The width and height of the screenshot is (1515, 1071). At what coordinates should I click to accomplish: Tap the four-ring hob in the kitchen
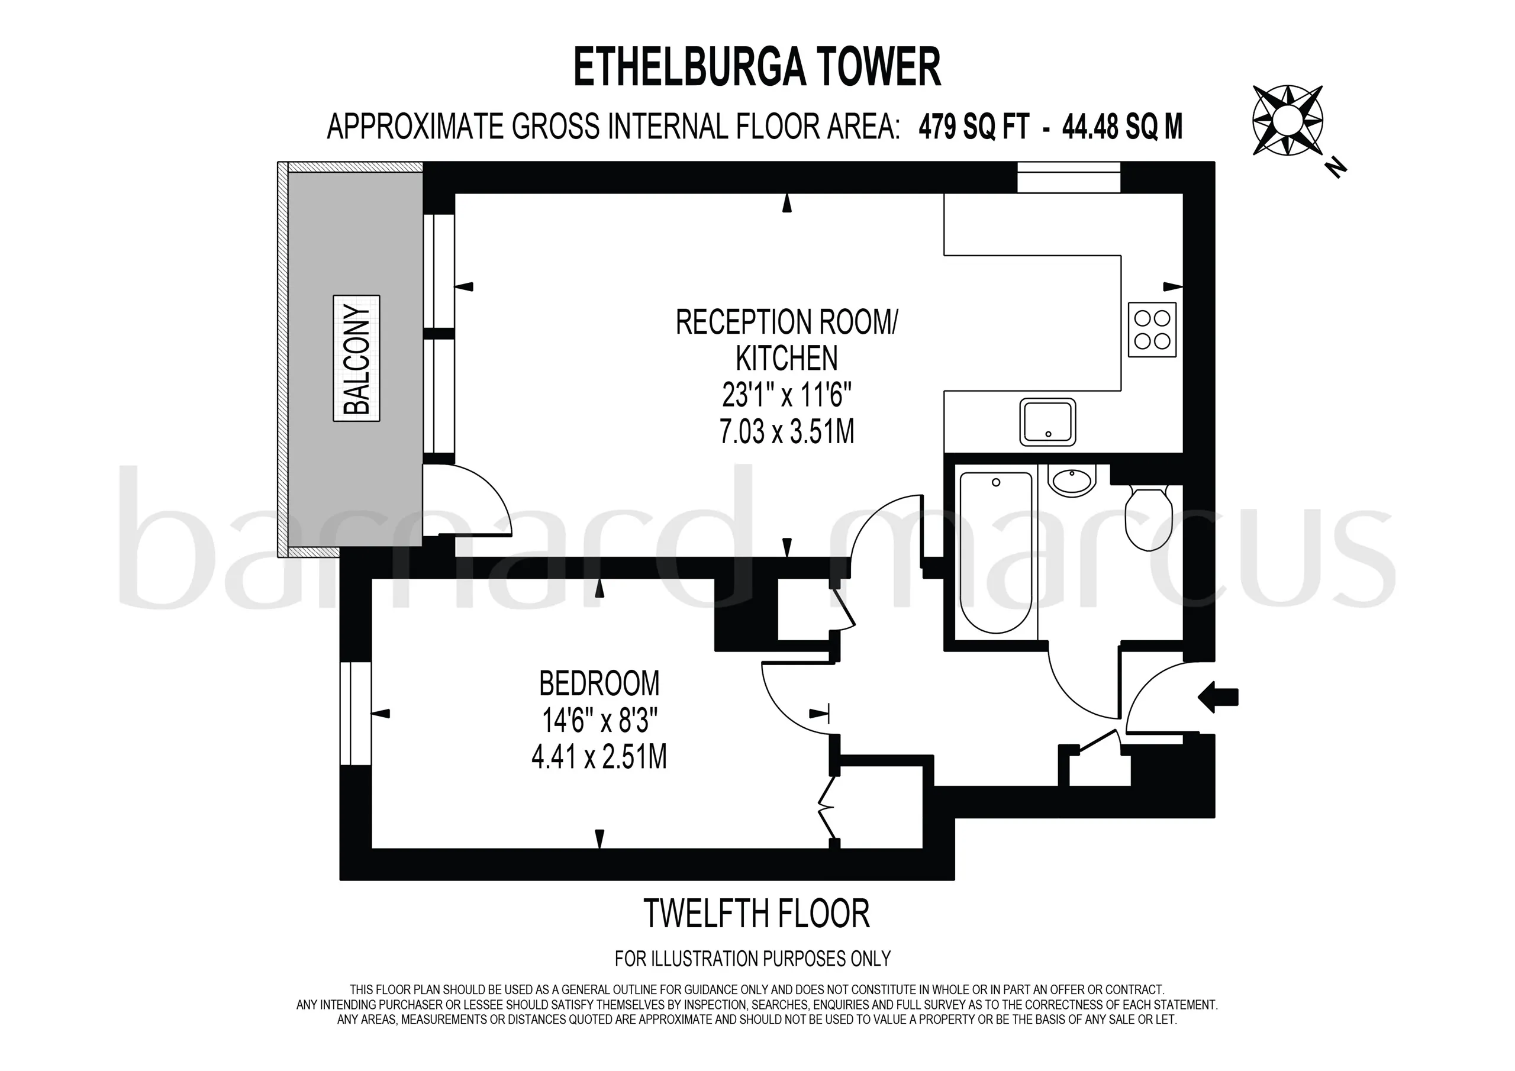[1152, 329]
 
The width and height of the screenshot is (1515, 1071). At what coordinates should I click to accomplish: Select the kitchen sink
[1048, 422]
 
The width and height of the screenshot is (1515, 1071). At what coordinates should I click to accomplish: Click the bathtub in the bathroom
[996, 551]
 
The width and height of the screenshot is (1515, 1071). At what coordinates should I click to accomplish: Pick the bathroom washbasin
[1072, 480]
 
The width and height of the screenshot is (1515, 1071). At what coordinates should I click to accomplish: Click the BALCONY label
[356, 359]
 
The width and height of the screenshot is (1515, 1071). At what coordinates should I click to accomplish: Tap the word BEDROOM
[599, 683]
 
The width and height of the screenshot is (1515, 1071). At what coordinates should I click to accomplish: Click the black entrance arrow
[1218, 697]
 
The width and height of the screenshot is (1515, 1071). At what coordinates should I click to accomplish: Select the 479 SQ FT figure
[974, 127]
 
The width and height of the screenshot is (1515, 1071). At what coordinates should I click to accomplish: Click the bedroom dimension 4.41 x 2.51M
[599, 757]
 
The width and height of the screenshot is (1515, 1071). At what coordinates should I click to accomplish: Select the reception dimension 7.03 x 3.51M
[787, 431]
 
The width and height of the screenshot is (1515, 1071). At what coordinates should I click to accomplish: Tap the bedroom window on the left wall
[356, 714]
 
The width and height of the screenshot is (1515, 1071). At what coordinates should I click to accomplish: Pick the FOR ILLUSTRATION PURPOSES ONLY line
[753, 957]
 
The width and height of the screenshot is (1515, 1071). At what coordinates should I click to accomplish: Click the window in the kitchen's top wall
[1069, 178]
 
